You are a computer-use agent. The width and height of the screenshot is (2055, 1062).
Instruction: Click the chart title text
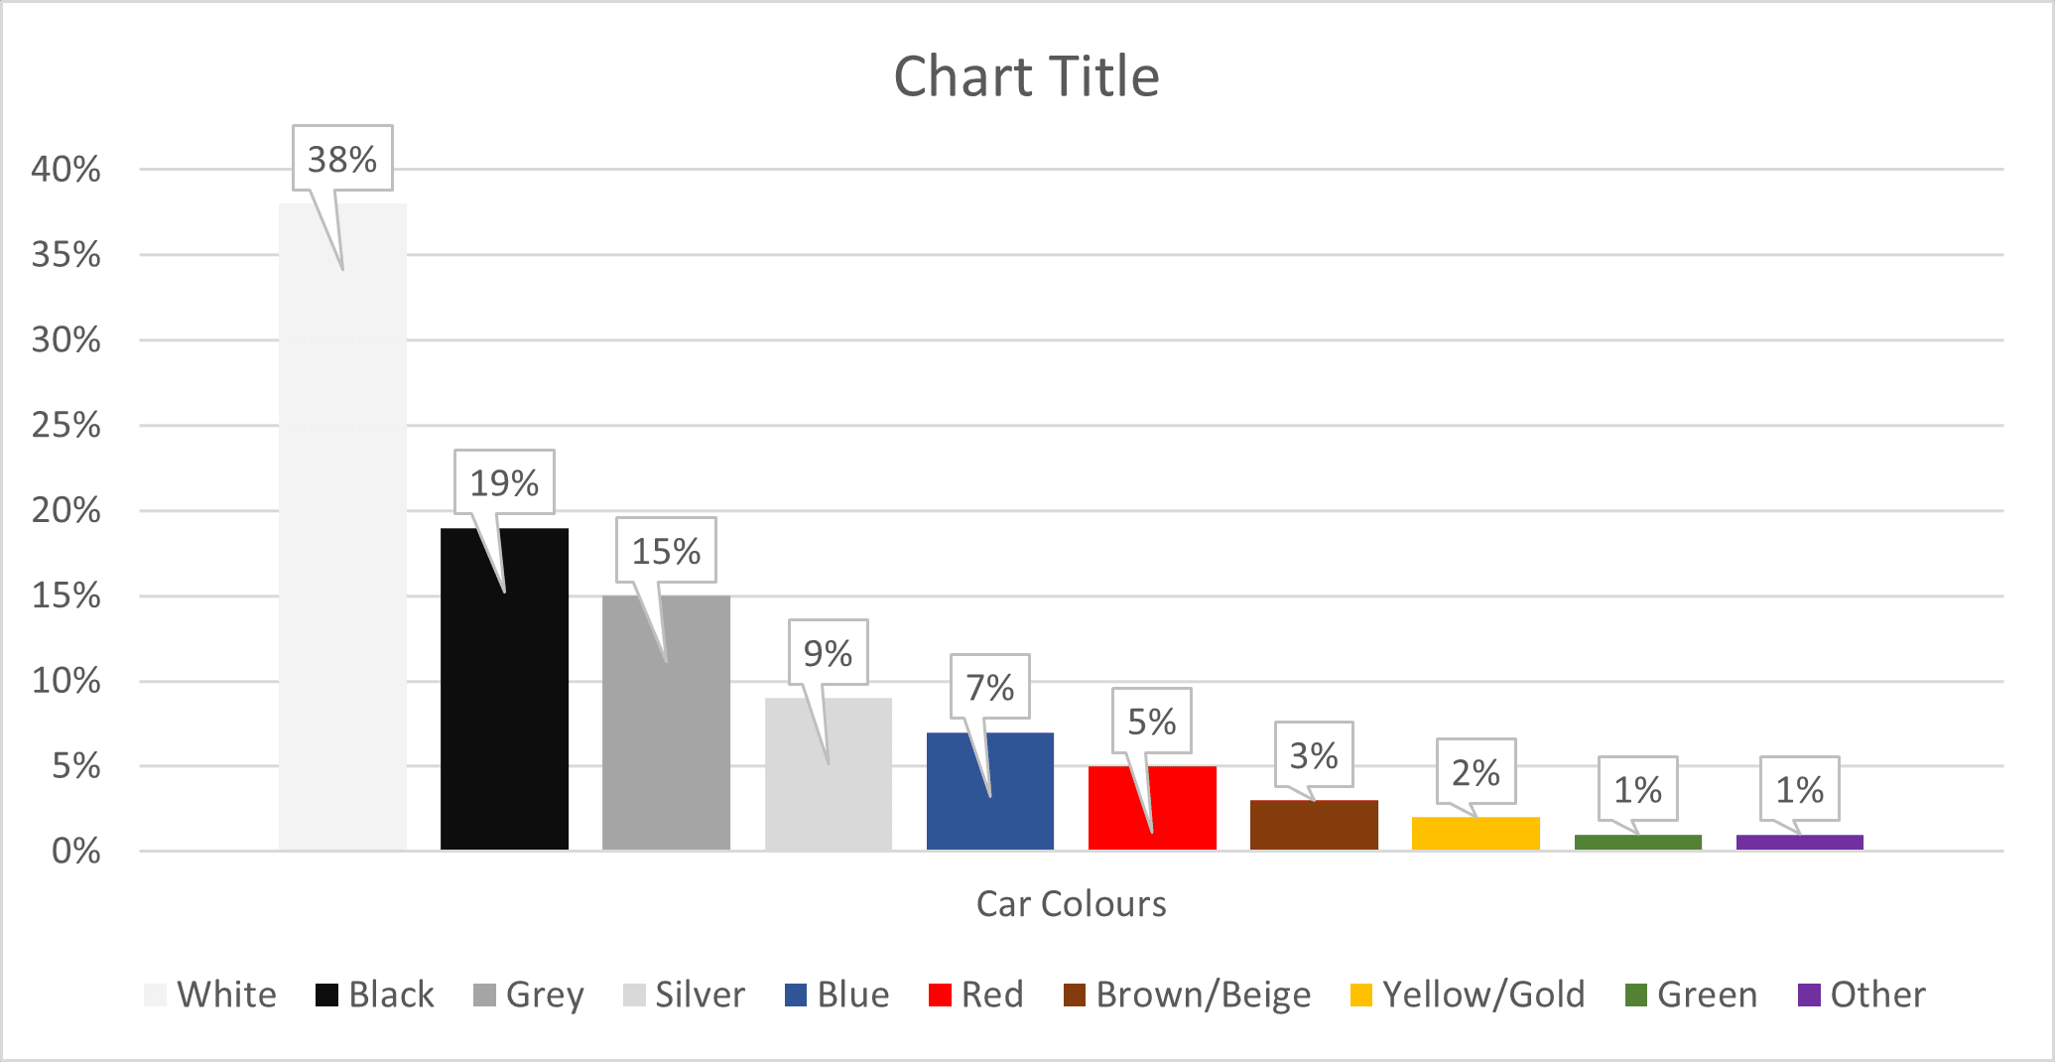(x=1026, y=76)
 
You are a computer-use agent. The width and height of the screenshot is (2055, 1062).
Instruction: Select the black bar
(x=504, y=715)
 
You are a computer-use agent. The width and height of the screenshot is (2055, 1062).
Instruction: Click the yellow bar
(x=1476, y=834)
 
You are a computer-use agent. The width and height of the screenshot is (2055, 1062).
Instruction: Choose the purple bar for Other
(x=1799, y=843)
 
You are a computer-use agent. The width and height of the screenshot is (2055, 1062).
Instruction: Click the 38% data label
(x=342, y=159)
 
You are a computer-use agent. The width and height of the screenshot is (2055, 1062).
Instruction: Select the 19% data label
(x=504, y=483)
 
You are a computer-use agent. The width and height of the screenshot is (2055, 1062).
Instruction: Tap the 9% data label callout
(x=828, y=653)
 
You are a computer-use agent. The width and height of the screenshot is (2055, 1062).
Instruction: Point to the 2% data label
(x=1476, y=772)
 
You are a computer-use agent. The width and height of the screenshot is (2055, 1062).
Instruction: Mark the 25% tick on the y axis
(x=66, y=426)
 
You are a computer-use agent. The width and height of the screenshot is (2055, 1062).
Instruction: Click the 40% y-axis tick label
(x=66, y=170)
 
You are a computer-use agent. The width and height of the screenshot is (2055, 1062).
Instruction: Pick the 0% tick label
(x=76, y=852)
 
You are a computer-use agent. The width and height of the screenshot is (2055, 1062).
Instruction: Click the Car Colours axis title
(x=1071, y=904)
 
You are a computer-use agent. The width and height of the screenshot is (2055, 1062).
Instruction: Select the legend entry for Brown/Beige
(x=1187, y=995)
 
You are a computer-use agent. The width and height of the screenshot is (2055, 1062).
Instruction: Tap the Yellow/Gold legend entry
(x=1468, y=995)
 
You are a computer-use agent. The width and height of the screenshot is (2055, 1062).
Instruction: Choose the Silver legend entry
(x=684, y=995)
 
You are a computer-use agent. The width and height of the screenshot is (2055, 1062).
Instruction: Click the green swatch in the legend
(x=1636, y=995)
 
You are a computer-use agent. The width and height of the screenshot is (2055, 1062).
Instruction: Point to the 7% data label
(x=989, y=687)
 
